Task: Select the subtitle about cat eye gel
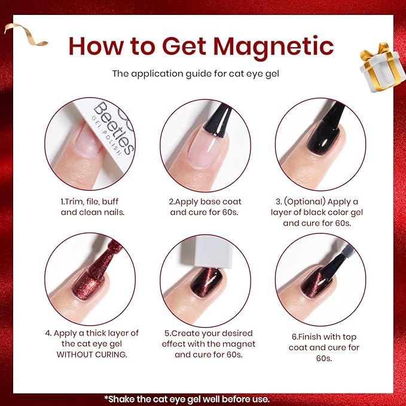[203, 74]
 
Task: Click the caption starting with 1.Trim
[89, 207]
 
